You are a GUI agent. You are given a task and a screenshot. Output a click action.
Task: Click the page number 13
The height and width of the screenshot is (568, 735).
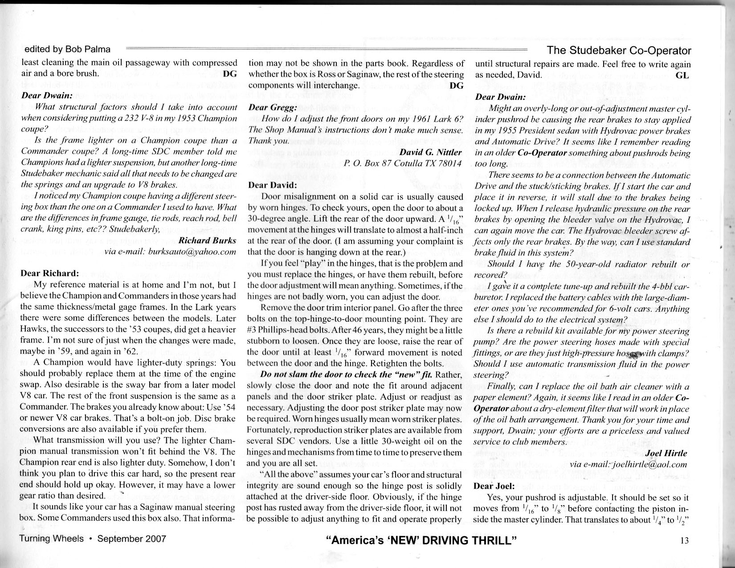(x=685, y=540)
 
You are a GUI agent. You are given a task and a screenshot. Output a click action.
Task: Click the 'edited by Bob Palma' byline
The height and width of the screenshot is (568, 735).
(x=67, y=49)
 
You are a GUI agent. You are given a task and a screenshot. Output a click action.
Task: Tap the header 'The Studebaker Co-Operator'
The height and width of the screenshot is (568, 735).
(x=619, y=51)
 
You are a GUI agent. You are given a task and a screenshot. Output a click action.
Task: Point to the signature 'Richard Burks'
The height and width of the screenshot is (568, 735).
(x=207, y=241)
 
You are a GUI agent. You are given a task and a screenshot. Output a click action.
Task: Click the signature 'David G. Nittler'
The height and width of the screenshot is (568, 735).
(x=430, y=152)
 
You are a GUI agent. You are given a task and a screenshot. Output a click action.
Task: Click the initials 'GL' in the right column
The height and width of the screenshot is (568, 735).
(x=682, y=75)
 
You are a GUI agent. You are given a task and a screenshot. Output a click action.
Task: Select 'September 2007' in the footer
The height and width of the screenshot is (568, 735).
(x=131, y=539)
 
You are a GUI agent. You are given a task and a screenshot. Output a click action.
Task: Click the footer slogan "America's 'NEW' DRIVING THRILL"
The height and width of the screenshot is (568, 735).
(x=421, y=541)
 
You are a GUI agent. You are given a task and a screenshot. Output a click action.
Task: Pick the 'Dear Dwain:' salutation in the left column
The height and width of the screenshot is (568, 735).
(x=47, y=95)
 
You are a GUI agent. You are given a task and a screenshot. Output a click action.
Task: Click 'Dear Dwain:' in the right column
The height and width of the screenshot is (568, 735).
(x=501, y=97)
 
